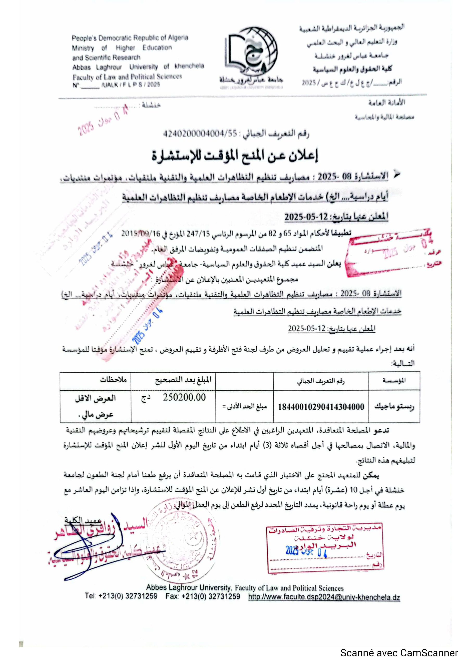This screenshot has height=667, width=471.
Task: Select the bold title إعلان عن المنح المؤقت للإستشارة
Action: [235, 156]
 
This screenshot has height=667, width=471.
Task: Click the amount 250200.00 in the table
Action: [184, 397]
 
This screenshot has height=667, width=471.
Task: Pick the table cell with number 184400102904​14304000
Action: [321, 407]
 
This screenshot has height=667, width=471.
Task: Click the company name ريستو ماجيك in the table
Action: [394, 407]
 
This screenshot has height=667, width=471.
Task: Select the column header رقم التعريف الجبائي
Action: [321, 381]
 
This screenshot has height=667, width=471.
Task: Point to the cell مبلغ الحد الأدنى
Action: [244, 406]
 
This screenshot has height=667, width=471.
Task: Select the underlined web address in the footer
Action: [324, 597]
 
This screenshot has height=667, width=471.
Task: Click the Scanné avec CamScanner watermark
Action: [399, 653]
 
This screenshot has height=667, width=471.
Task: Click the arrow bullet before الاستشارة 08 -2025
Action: [397, 175]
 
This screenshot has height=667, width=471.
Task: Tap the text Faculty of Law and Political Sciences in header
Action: [127, 77]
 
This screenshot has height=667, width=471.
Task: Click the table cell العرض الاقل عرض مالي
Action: [96, 406]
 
